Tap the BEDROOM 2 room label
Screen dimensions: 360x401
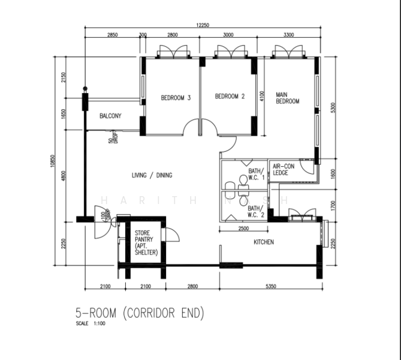pos(230,97)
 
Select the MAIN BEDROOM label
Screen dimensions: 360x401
pos(287,98)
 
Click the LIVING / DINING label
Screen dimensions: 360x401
pos(152,175)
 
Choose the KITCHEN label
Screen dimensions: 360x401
pos(264,242)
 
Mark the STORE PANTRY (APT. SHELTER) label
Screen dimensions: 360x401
pos(146,242)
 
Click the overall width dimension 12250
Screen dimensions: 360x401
pos(201,25)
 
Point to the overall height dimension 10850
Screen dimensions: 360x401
pos(53,160)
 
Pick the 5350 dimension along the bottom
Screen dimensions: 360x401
pos(270,287)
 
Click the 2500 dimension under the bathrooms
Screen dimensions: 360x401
pos(243,229)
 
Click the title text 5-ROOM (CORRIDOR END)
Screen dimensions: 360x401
pos(140,313)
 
